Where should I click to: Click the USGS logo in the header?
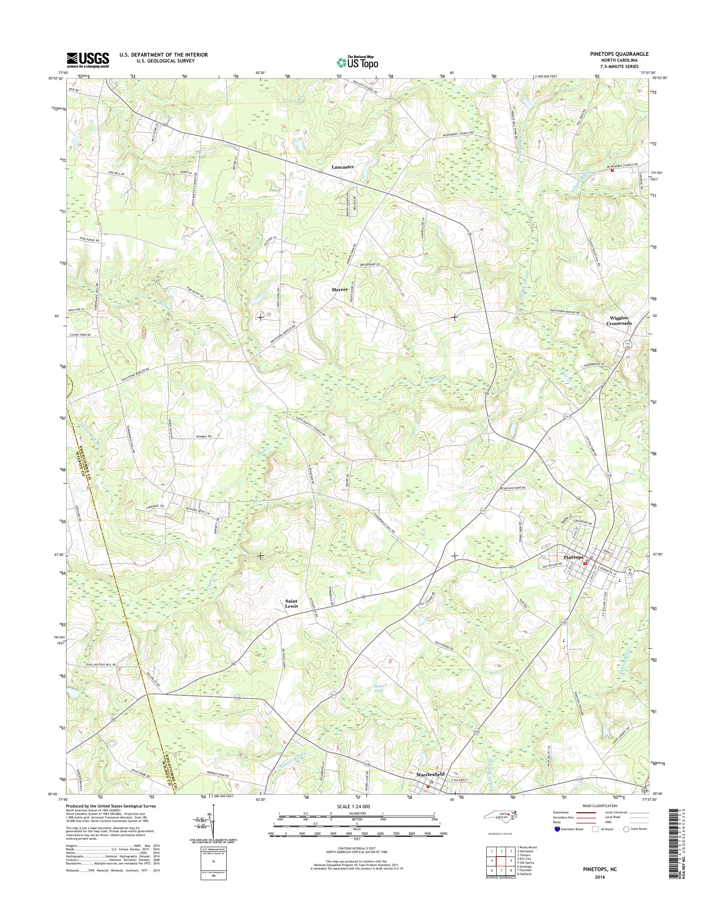coord(88,60)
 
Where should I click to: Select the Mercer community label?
coord(340,289)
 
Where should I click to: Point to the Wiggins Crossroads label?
coord(619,320)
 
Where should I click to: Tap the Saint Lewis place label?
coord(291,604)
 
